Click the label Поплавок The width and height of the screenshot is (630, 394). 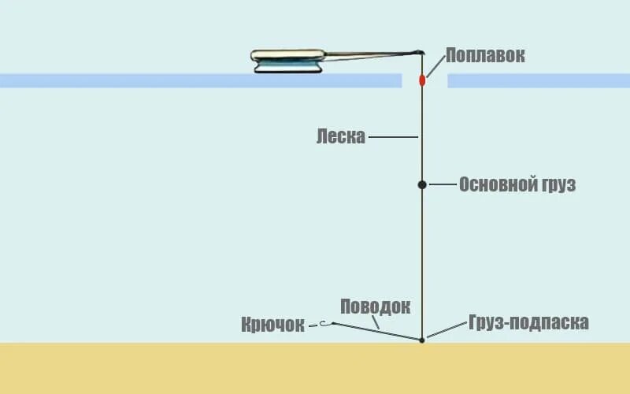pyautogui.click(x=484, y=55)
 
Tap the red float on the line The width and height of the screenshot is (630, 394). pyautogui.click(x=422, y=80)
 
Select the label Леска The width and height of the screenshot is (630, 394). pyautogui.click(x=340, y=136)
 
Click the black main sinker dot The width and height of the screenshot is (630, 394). pyautogui.click(x=422, y=184)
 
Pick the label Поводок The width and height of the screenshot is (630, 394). pyautogui.click(x=375, y=306)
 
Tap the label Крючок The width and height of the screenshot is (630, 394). pyautogui.click(x=272, y=325)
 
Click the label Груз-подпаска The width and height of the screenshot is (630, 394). pyautogui.click(x=528, y=322)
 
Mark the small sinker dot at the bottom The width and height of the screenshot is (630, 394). pyautogui.click(x=422, y=340)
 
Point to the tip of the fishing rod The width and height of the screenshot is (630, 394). pyautogui.click(x=420, y=53)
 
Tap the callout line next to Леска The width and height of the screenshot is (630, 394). pyautogui.click(x=392, y=137)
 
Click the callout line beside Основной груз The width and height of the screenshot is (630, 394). pyautogui.click(x=443, y=184)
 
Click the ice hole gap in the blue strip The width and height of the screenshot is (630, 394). pyautogui.click(x=424, y=80)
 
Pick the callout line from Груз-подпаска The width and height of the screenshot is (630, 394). pyautogui.click(x=445, y=331)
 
